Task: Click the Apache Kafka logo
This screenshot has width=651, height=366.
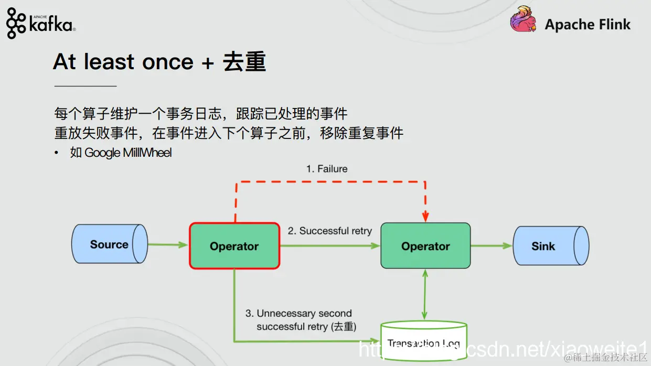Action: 40,23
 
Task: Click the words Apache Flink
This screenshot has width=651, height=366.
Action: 588,24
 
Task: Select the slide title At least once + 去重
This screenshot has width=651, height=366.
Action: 159,62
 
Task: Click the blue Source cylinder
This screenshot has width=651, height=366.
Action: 109,244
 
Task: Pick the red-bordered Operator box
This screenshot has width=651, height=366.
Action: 234,246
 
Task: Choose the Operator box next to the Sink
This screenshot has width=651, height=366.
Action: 425,246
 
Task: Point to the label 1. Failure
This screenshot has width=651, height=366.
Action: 327,169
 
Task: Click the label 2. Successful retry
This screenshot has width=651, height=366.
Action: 330,231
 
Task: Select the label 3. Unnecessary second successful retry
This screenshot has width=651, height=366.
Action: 301,320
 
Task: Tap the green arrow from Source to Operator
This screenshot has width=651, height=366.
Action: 168,245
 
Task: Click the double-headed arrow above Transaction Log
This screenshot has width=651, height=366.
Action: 425,295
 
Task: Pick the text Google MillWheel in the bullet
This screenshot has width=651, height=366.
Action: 128,153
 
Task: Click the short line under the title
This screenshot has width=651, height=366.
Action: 86,85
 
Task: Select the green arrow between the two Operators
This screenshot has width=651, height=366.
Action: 330,245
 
